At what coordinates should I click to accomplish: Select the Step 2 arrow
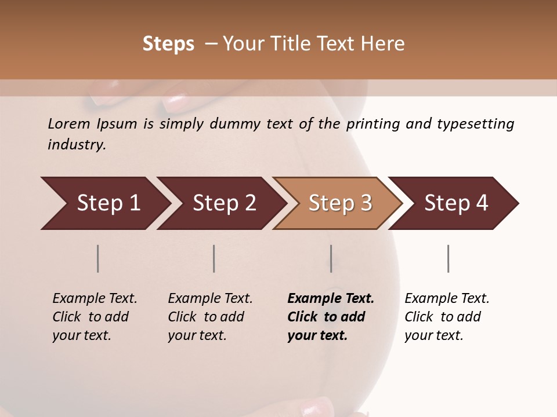click(223, 203)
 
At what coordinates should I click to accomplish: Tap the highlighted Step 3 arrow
click(339, 203)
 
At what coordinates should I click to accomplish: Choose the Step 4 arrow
click(455, 203)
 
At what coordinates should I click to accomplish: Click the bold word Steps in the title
click(168, 44)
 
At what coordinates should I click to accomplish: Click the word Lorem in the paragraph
click(69, 124)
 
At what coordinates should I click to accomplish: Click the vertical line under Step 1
click(97, 258)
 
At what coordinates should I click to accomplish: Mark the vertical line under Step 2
click(214, 258)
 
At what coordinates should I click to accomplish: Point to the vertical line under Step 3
click(331, 258)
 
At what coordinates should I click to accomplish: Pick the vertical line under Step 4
click(448, 258)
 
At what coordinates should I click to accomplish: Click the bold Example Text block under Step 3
click(330, 317)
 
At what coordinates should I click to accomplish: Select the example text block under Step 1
click(95, 317)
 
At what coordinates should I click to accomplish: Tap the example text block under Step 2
click(210, 317)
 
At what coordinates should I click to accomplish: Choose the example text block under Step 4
click(447, 317)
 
